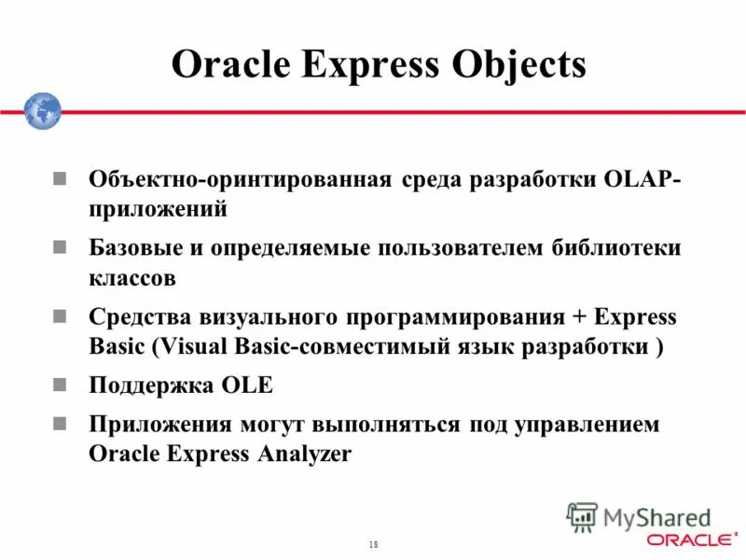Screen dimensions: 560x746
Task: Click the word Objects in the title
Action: point(518,64)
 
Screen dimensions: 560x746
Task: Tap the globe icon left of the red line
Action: point(42,111)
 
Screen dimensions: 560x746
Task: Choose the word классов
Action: point(132,277)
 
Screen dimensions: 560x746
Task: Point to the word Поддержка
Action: point(150,385)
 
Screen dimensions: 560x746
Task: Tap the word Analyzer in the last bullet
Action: point(304,454)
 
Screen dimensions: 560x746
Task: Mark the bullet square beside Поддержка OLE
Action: point(60,384)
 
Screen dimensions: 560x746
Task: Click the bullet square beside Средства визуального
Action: point(60,315)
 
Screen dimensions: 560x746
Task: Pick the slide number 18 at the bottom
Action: point(373,544)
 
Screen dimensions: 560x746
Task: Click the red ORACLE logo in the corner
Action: point(690,539)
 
